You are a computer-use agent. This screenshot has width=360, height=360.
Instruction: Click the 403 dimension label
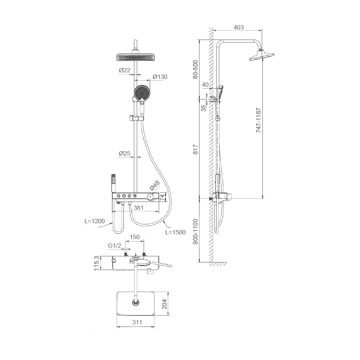coord(239,27)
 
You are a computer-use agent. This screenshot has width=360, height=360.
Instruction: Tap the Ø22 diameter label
coord(125,70)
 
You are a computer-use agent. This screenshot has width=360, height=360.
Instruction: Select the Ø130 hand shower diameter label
coord(160,77)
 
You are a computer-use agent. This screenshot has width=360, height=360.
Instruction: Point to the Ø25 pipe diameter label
coord(125,153)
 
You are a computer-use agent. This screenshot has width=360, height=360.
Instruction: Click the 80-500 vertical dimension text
coord(195,69)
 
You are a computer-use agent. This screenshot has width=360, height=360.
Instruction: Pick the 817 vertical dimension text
coord(195,149)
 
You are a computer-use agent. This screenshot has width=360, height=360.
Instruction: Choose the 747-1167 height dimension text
coord(258,120)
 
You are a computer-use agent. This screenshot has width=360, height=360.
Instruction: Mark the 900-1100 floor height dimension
coord(195,231)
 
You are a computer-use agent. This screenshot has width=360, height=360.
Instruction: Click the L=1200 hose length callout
coord(95,221)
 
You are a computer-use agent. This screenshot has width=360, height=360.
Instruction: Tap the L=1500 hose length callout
coord(175,232)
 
